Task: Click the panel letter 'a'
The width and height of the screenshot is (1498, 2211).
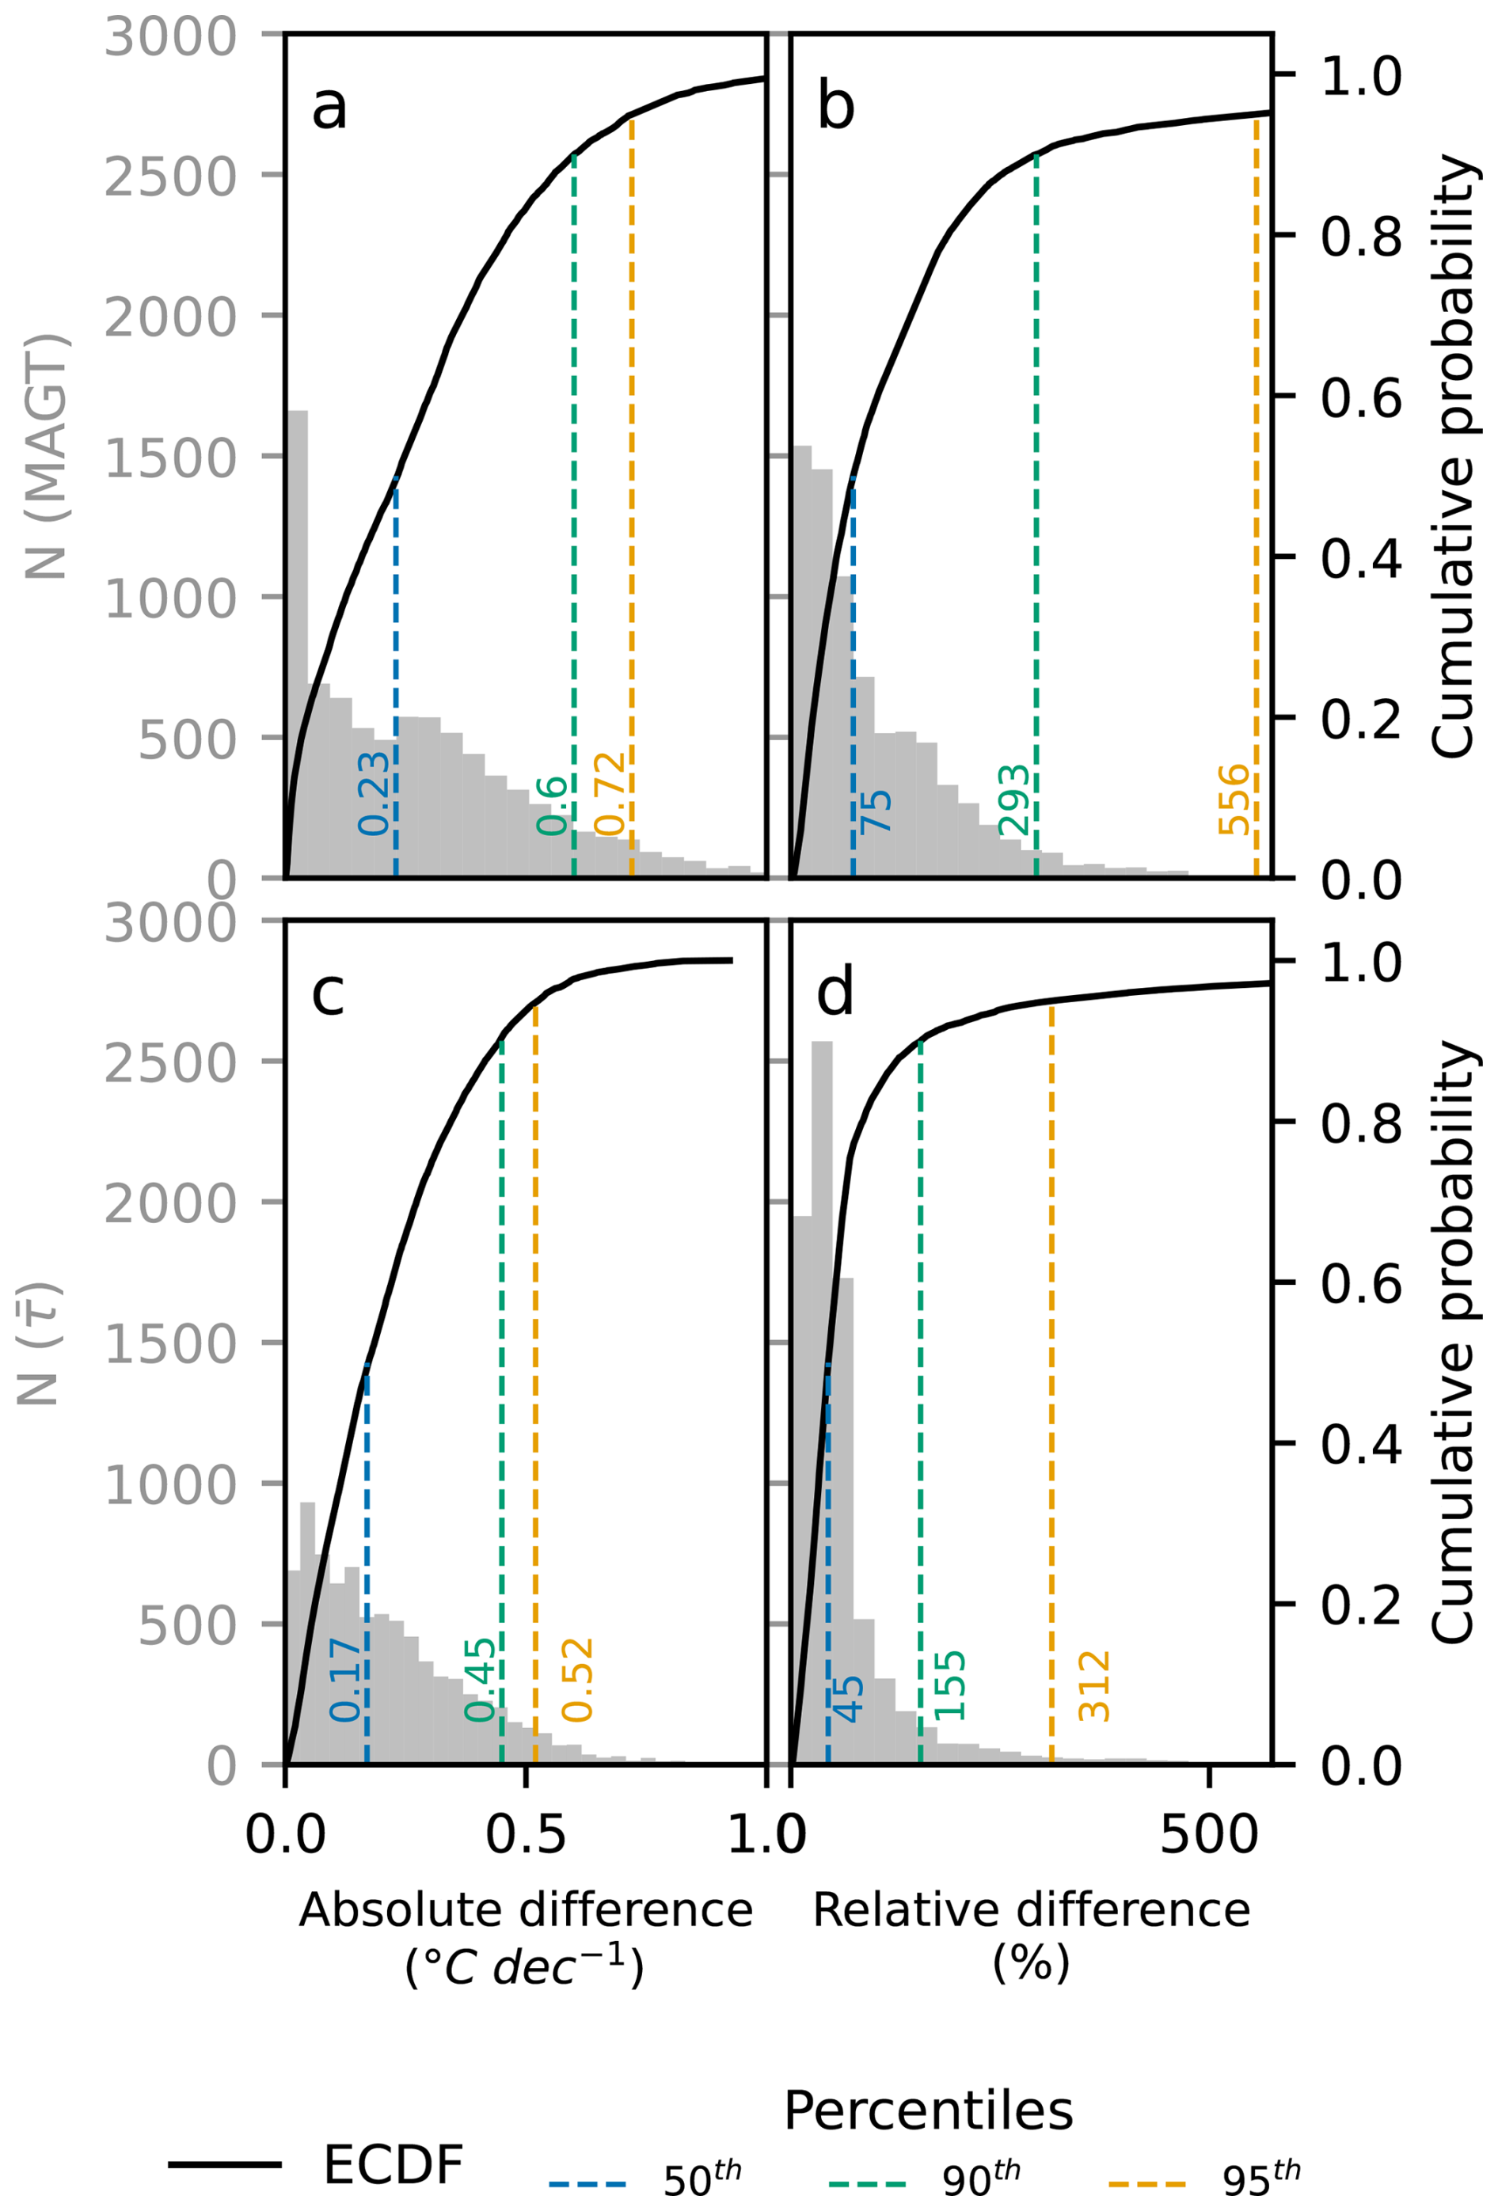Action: coord(329,107)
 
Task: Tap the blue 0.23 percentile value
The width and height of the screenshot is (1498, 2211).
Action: coord(374,793)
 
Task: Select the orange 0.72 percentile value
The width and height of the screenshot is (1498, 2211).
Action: coord(610,793)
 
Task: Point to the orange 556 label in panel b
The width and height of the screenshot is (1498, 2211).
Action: coord(1234,800)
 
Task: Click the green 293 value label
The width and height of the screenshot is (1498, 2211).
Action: coord(1014,800)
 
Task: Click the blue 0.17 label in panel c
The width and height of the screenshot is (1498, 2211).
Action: coord(345,1680)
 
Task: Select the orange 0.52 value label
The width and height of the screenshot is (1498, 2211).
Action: coord(576,1680)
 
